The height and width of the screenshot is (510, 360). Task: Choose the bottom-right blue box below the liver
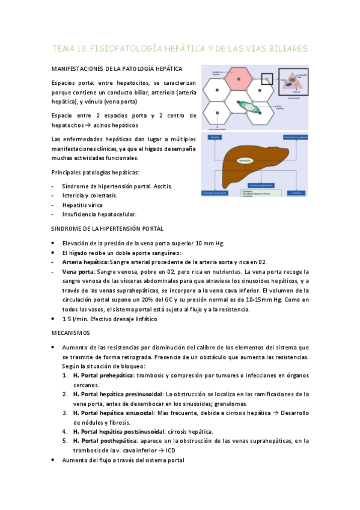296,193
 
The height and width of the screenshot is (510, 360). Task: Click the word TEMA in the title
64,48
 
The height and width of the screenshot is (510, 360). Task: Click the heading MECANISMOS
70,332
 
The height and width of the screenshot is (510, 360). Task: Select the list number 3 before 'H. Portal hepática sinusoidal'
65,413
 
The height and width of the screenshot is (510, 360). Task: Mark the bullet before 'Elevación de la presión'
54,243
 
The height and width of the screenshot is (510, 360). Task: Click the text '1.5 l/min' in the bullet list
75,319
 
